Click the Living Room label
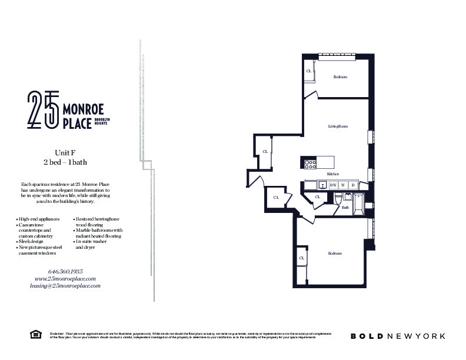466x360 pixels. (338, 126)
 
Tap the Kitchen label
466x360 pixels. (333, 174)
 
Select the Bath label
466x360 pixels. (345, 207)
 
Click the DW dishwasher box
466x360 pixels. (333, 185)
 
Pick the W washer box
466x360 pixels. (342, 185)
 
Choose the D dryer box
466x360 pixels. (352, 185)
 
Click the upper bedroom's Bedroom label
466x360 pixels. (340, 77)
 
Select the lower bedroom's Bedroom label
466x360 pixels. (335, 254)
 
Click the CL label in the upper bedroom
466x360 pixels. (309, 71)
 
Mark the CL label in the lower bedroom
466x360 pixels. (301, 258)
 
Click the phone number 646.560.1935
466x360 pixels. (65, 271)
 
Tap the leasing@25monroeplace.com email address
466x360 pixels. (65, 285)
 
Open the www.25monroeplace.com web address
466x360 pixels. (65, 278)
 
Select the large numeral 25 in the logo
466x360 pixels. (43, 110)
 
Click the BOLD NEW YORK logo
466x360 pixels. (398, 336)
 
